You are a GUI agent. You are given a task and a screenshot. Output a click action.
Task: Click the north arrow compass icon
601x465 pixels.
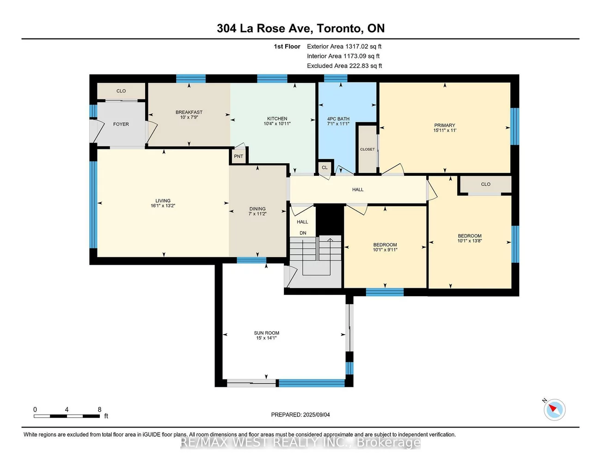coord(554,409)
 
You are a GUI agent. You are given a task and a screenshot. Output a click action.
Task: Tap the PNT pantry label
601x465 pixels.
coord(239,156)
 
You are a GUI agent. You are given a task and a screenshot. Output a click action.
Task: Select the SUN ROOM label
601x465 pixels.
coord(267,333)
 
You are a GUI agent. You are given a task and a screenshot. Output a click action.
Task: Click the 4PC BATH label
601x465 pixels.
coord(338,119)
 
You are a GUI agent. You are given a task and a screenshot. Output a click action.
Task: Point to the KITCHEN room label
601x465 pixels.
coord(277,118)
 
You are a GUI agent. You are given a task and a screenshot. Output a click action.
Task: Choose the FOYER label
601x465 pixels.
coord(121,124)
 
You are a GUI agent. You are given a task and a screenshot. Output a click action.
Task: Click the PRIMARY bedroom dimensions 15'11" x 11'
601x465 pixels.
coord(445,130)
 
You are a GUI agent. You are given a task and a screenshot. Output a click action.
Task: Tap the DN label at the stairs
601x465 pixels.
coord(303,233)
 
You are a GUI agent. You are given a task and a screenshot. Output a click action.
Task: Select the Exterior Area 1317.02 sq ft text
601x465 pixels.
coord(344,46)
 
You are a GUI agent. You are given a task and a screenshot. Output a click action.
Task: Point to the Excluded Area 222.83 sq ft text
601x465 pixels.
coord(344,66)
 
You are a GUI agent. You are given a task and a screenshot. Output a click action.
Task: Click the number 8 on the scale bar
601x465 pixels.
coord(99,409)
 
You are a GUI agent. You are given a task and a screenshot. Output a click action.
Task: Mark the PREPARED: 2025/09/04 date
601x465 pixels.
coord(300,415)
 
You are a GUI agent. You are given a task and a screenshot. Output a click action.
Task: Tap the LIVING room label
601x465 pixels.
coord(163,201)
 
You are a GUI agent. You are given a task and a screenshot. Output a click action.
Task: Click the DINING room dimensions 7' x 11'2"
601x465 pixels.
coord(258,214)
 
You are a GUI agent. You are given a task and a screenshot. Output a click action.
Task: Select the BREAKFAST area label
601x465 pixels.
coord(189,112)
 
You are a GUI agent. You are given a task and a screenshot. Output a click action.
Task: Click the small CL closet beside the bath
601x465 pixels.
coord(325,167)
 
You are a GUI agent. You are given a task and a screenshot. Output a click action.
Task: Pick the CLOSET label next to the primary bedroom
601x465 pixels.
coord(368,149)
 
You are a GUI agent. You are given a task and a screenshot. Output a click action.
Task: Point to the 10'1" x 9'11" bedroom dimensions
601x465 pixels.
coord(385,250)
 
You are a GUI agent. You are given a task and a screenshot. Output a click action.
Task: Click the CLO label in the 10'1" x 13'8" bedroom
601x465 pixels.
coord(485,184)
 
